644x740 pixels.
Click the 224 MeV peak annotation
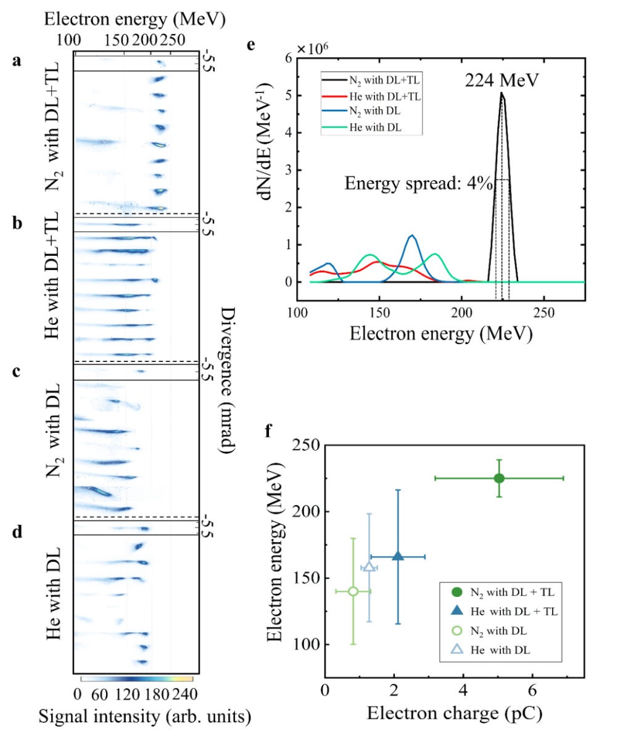[502, 81]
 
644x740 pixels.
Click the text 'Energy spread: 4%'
[418, 183]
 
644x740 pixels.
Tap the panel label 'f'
[269, 430]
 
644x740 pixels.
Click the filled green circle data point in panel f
[499, 478]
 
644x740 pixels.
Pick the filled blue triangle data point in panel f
[398, 556]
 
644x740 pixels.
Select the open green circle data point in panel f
[353, 591]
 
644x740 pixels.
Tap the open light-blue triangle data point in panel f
[369, 567]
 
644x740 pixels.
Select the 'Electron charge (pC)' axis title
[455, 713]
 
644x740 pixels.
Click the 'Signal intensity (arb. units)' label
[144, 717]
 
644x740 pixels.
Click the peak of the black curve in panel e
[502, 93]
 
